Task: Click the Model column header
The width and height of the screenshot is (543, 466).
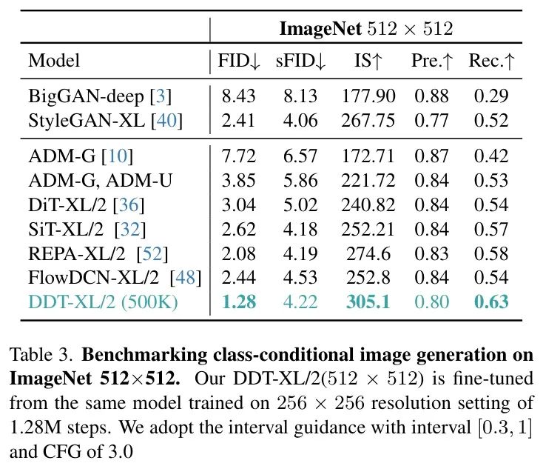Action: point(53,61)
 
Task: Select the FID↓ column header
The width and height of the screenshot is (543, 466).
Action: point(238,61)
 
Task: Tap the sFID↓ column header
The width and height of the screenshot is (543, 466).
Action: point(300,61)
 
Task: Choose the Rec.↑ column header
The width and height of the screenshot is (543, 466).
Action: point(491,61)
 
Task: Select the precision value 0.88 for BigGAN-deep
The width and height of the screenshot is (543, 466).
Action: point(431,96)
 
